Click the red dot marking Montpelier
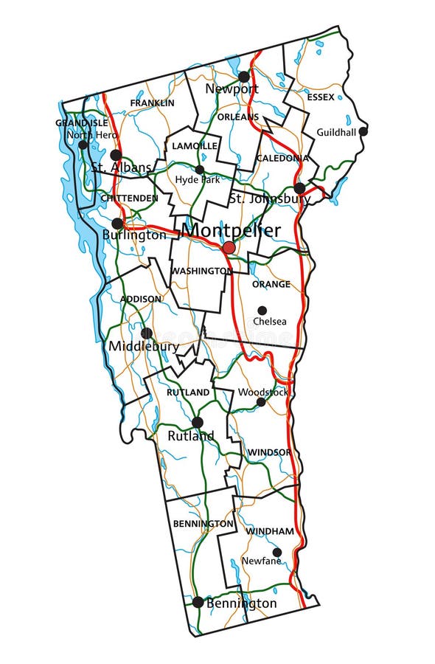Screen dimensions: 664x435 (229, 247)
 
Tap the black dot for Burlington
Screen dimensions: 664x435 (117, 224)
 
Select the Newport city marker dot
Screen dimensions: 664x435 (244, 77)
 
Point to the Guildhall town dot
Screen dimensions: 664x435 (363, 131)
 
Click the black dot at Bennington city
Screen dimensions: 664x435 (198, 602)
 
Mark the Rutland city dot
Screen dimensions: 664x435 (198, 422)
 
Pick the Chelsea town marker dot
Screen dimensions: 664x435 (262, 311)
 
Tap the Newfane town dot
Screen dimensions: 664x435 (276, 552)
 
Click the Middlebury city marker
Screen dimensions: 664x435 (146, 333)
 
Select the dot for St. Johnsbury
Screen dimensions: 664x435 (299, 188)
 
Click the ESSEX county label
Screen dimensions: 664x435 (320, 97)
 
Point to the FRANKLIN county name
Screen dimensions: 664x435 (152, 103)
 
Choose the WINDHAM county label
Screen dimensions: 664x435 (270, 531)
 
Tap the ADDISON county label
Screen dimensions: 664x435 (141, 299)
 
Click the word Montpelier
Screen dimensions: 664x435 (232, 230)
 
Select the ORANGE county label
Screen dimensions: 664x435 (271, 284)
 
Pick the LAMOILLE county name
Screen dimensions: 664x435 (195, 146)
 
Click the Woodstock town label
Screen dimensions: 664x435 (263, 392)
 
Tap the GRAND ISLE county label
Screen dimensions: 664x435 (82, 123)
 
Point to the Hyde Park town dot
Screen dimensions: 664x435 (200, 170)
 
